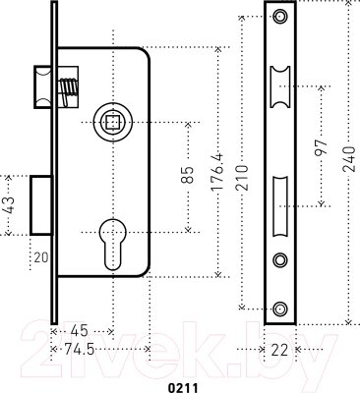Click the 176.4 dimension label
point(217,171)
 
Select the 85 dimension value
point(188,175)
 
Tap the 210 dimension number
point(243,178)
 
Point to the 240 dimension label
point(349,159)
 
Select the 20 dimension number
point(41,257)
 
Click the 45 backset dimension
point(80,331)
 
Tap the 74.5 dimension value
point(80,349)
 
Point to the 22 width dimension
point(279,350)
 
